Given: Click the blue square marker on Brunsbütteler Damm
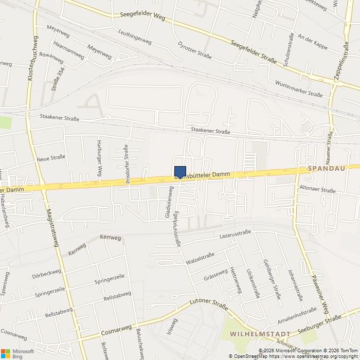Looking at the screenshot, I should tap(180, 172).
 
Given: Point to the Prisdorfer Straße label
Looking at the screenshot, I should tap(127, 164).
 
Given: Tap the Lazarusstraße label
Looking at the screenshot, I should tap(235, 233).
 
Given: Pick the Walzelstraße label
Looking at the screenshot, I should tap(201, 259).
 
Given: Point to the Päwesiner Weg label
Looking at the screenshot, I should tap(319, 295).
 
